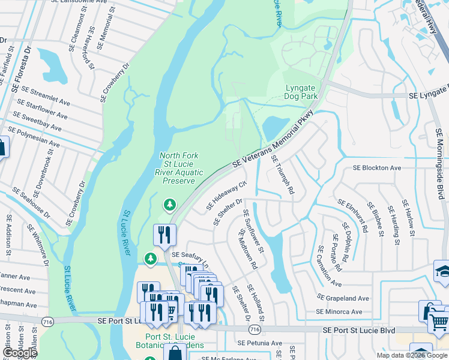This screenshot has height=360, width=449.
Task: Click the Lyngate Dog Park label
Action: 300,92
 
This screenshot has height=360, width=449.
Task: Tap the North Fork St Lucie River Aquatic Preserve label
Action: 178,168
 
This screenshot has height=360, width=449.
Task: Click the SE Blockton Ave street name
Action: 376,168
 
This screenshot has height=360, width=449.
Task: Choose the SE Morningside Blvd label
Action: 440,159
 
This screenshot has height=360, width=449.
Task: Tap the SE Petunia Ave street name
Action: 259,343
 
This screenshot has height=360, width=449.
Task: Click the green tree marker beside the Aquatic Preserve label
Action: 170,205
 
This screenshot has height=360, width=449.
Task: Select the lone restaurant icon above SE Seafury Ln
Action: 164,235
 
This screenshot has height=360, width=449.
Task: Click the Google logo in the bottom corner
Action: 19,353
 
